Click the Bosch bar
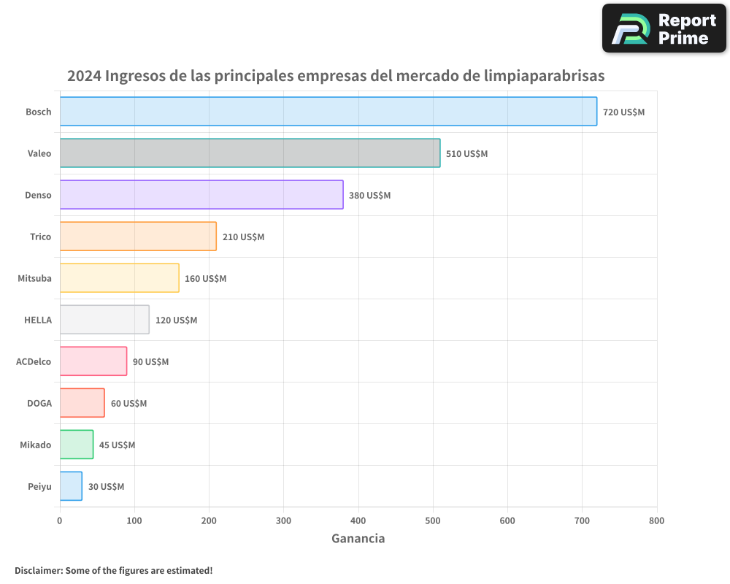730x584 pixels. click(328, 112)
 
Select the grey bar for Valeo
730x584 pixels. click(250, 153)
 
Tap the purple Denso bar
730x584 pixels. click(201, 195)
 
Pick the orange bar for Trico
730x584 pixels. click(138, 237)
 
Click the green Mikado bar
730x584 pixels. click(76, 445)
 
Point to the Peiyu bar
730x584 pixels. click(71, 486)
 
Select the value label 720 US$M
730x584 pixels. click(623, 112)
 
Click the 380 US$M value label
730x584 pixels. click(369, 196)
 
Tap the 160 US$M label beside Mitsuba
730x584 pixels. click(205, 279)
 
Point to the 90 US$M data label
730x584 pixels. click(150, 362)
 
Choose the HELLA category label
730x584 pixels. click(38, 320)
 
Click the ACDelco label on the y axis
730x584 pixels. click(34, 362)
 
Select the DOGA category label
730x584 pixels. click(39, 404)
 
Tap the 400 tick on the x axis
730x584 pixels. click(358, 521)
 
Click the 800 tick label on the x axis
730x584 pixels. click(656, 521)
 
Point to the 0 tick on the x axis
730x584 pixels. click(60, 521)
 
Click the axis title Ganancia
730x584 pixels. click(358, 539)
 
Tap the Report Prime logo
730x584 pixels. click(664, 28)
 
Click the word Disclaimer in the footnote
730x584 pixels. click(38, 570)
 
